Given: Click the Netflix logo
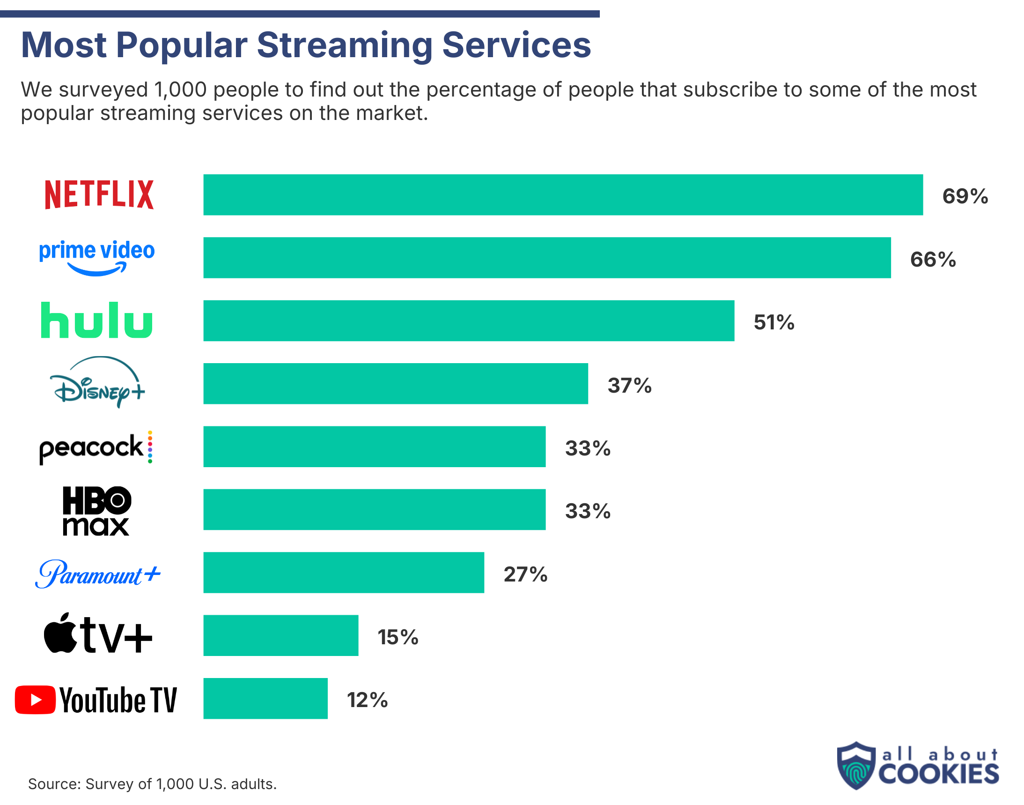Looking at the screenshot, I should click(99, 194).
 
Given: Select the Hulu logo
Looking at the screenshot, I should click(96, 321).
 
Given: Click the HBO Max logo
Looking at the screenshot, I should click(96, 511).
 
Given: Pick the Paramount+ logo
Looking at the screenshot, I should click(97, 574).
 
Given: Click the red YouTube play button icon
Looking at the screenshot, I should click(35, 700).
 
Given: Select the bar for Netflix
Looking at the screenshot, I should click(563, 194).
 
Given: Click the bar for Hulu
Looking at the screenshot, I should click(469, 321).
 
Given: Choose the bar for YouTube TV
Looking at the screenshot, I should click(265, 699).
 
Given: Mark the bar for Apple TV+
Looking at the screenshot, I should click(281, 635).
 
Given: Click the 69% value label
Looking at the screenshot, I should click(965, 196).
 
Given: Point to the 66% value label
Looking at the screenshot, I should click(933, 259).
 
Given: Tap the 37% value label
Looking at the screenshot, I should click(629, 386).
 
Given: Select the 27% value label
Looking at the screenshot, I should click(525, 574).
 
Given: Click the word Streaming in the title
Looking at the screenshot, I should click(344, 45).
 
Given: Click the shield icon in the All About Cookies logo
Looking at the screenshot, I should click(856, 766).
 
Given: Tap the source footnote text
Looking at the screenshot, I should click(152, 784).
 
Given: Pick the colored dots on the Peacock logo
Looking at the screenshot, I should click(150, 447).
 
